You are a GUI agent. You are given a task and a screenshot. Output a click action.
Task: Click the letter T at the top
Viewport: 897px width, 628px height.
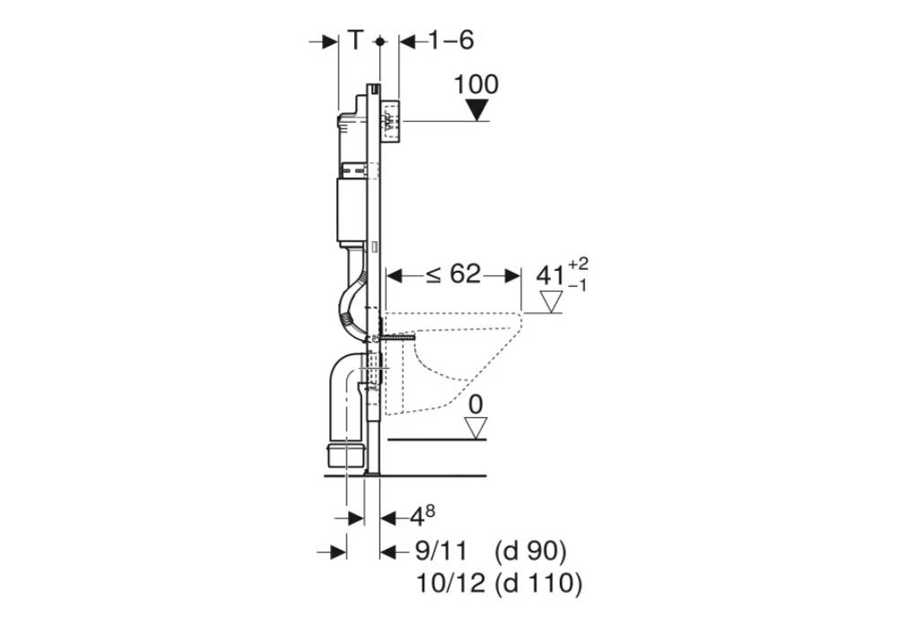(356, 40)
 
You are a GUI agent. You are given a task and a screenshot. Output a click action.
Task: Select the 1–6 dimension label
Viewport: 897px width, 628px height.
(451, 40)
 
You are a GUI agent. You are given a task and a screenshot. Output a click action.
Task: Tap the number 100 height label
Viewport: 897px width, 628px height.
(476, 84)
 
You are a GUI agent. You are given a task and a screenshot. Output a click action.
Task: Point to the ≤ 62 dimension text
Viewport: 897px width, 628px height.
(454, 274)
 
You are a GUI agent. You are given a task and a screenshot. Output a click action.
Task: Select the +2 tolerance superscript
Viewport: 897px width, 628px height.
(578, 264)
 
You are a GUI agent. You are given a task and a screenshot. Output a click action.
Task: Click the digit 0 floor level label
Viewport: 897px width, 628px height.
(475, 405)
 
